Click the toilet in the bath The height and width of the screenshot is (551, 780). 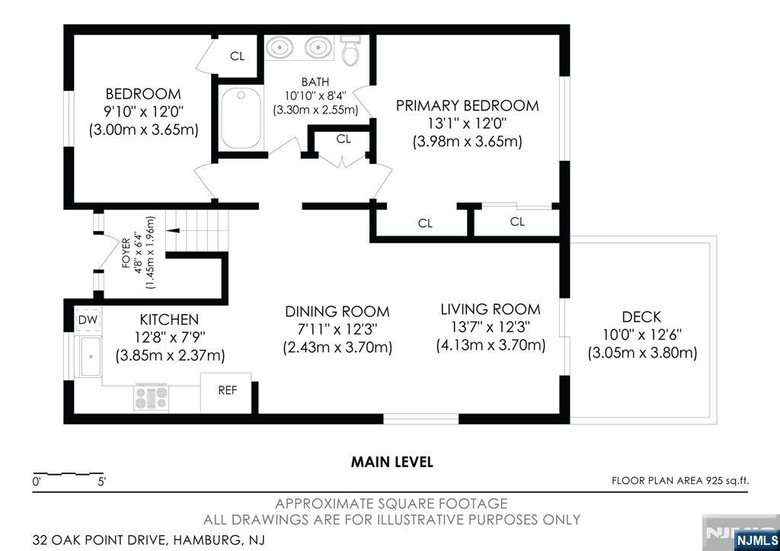pyautogui.click(x=351, y=50)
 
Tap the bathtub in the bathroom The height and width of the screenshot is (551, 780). pyautogui.click(x=241, y=118)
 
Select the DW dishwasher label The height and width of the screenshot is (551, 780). pyautogui.click(x=88, y=320)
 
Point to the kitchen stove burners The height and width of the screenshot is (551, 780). pyautogui.click(x=151, y=397)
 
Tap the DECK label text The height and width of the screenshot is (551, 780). pyautogui.click(x=641, y=317)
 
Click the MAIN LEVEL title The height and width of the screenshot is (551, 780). pyautogui.click(x=392, y=462)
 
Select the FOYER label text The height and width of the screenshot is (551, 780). pyautogui.click(x=126, y=253)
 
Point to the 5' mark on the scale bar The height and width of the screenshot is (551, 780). pyautogui.click(x=101, y=482)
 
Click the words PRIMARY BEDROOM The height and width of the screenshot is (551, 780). pyautogui.click(x=467, y=105)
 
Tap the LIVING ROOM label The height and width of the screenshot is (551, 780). pyautogui.click(x=491, y=309)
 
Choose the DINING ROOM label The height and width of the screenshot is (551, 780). pyautogui.click(x=337, y=312)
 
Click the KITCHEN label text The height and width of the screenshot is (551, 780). pyautogui.click(x=169, y=319)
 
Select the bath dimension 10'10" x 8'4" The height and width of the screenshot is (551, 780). pyautogui.click(x=315, y=95)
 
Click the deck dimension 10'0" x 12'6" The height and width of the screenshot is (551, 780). pyautogui.click(x=642, y=335)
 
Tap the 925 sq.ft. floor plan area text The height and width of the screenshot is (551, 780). pyautogui.click(x=726, y=481)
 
